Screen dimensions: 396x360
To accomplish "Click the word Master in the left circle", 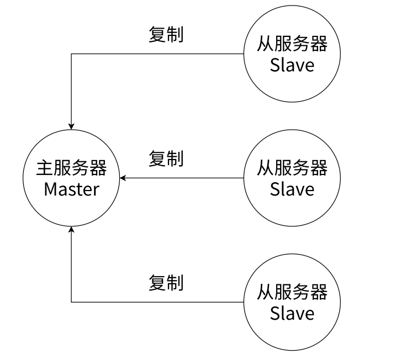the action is click(71, 189).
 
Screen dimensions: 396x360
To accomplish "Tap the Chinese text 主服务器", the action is click(71, 168).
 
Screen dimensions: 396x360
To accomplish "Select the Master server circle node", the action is click(71, 178).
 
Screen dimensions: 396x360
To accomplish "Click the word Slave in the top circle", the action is click(292, 65).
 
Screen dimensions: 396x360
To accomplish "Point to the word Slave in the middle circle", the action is click(292, 189).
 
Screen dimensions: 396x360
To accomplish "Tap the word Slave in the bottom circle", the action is click(292, 314).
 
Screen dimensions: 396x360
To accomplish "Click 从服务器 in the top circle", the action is click(292, 44).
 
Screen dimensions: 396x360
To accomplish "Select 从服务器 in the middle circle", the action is click(292, 168).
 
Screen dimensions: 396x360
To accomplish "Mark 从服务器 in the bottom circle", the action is click(292, 292).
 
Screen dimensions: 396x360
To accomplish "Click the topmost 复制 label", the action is click(166, 34).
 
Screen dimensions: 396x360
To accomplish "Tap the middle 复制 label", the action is click(166, 159).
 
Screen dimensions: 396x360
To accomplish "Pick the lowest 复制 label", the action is click(166, 283).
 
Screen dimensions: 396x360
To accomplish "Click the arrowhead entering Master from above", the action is click(71, 126).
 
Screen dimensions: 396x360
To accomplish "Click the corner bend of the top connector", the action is click(71, 54).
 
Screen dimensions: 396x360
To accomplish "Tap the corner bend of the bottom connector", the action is click(71, 302).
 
